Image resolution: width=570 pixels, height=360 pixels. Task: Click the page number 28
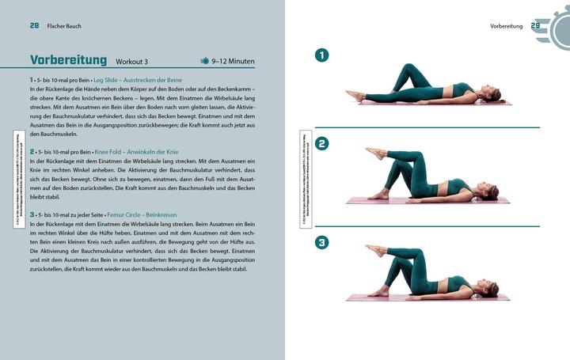point(35,26)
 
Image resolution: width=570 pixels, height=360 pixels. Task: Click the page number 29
point(535,26)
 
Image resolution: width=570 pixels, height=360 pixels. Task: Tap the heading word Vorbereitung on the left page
point(69,60)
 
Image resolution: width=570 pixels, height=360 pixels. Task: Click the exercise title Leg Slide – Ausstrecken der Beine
point(160,80)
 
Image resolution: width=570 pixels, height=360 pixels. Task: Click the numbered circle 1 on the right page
point(322,55)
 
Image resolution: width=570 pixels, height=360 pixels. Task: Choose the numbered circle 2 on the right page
point(322,144)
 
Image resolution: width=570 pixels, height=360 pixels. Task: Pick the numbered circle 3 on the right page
point(322,243)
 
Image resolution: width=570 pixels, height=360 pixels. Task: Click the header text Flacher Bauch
point(64,26)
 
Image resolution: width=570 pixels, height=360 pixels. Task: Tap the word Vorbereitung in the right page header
point(506,26)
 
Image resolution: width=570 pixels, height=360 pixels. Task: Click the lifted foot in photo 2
point(372,153)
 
